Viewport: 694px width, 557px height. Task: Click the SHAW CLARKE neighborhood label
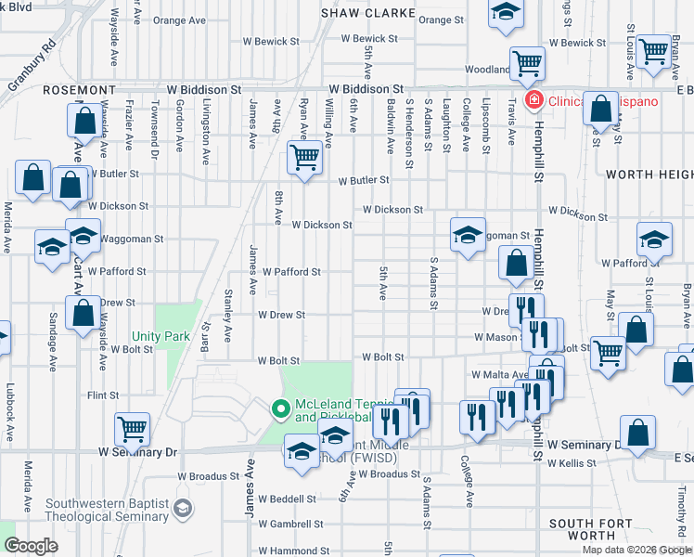coord(360,13)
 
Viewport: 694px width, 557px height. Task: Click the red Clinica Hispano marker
coord(533,101)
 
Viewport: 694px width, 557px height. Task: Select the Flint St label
coord(102,395)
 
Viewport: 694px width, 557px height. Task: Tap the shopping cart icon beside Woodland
coord(527,64)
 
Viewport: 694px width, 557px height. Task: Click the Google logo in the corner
coord(31,546)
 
